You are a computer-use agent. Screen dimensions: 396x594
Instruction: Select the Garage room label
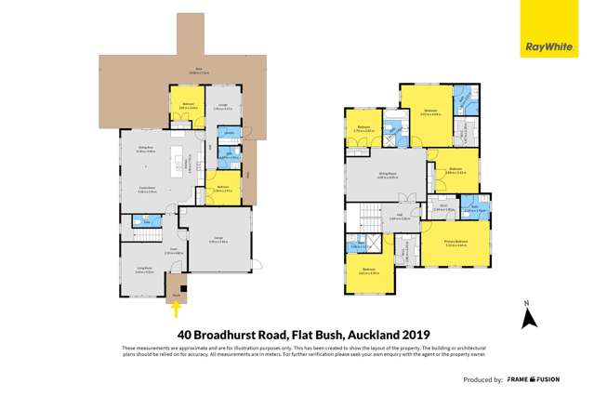tap(220, 240)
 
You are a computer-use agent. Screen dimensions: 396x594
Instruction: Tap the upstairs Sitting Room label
tap(387, 173)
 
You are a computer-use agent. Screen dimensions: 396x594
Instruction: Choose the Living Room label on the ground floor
tap(145, 271)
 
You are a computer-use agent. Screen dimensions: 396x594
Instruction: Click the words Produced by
tap(482, 379)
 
